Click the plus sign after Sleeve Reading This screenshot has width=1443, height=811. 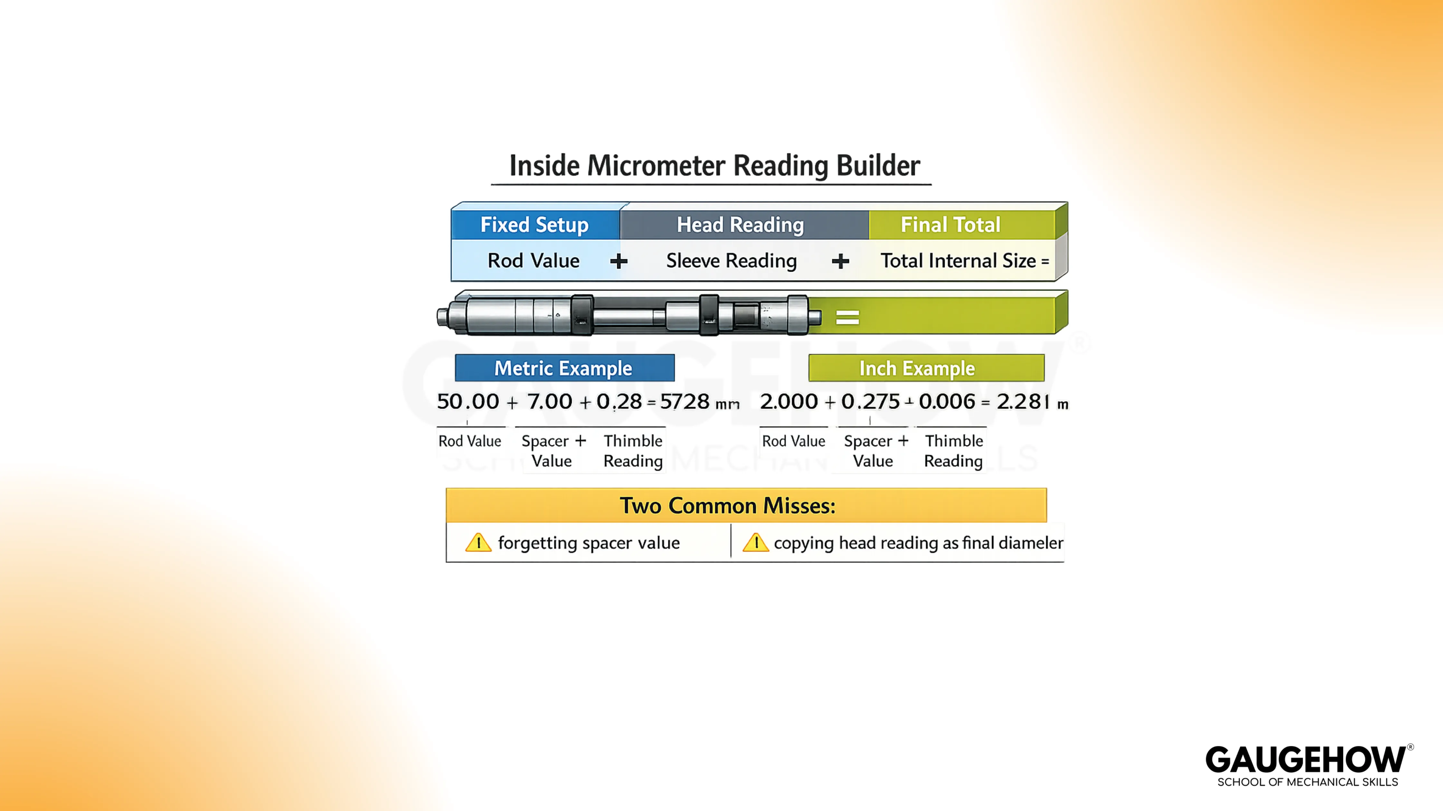click(840, 261)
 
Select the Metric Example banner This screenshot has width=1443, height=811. click(564, 368)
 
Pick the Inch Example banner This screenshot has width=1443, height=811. click(917, 368)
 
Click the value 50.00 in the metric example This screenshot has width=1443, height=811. click(468, 402)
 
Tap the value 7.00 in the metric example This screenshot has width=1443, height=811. click(549, 402)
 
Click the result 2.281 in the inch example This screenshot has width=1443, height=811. click(1023, 402)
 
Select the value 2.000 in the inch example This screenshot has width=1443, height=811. click(789, 402)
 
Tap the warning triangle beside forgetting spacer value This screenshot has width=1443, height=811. click(478, 543)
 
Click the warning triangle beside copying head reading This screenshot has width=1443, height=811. click(756, 543)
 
